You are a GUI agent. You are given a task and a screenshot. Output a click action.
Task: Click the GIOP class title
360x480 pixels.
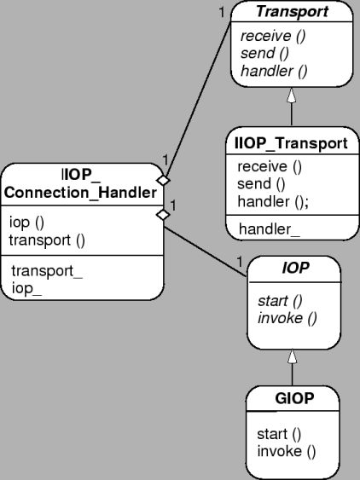(x=294, y=398)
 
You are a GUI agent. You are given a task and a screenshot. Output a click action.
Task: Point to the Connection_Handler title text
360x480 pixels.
(x=80, y=194)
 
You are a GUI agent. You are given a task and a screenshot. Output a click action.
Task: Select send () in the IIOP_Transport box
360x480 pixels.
(x=260, y=182)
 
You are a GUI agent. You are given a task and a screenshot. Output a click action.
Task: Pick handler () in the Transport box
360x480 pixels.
(x=269, y=70)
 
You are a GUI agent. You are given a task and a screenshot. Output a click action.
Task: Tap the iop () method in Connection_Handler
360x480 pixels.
(x=27, y=223)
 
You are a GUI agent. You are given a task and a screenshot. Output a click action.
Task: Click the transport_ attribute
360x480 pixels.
(x=47, y=272)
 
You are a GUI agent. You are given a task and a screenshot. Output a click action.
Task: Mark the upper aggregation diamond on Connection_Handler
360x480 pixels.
(x=164, y=180)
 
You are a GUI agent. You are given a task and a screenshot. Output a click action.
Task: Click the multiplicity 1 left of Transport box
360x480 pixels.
(x=221, y=12)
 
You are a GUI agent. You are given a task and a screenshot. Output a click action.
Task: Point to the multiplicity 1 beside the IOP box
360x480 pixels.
(x=239, y=260)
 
